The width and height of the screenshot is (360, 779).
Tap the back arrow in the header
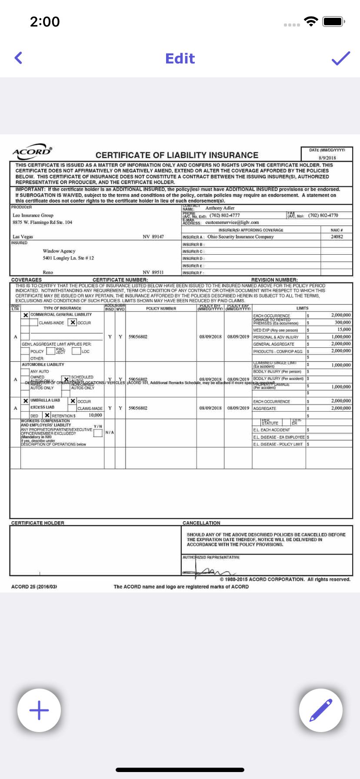pos(18,58)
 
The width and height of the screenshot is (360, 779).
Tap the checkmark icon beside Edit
pos(341,58)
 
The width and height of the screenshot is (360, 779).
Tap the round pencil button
pos(321,710)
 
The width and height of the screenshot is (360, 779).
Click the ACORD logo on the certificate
pos(32,152)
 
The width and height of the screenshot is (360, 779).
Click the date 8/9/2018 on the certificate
pos(327,158)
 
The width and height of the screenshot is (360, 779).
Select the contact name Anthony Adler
pos(220,208)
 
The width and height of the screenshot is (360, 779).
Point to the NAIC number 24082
pos(337,237)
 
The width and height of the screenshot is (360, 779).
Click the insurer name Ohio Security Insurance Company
pos(240,237)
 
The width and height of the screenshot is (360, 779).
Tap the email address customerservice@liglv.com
pos(232,223)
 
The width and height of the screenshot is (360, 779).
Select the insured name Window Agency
pos(59,251)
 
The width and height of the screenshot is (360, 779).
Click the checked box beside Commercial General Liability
pos(26,315)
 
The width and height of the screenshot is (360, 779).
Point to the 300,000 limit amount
pos(343,323)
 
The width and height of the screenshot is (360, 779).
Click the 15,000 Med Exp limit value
pos(343,330)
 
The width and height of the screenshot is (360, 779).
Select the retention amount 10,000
pos(95,415)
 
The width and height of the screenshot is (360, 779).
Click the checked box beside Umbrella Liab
pos(26,401)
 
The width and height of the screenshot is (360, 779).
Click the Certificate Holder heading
pos(38,523)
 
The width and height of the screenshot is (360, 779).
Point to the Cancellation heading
pos(201,523)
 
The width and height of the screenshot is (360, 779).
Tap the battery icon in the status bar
pos(333,21)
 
